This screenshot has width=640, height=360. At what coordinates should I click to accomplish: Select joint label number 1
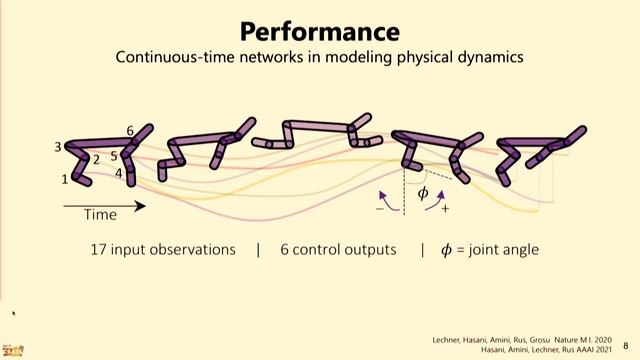[x=65, y=179]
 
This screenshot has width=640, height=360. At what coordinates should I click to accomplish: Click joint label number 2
[x=96, y=159]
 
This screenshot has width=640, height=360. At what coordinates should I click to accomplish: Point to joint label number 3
[x=58, y=147]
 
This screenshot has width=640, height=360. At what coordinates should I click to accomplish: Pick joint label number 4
[x=118, y=173]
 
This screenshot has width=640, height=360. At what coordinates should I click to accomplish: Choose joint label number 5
[x=114, y=155]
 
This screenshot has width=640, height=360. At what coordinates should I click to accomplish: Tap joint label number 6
[x=130, y=131]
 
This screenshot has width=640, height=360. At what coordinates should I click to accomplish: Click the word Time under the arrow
[x=100, y=215]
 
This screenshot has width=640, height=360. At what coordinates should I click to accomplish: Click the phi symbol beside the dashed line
[x=422, y=192]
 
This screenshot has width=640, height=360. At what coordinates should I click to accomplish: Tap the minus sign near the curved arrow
[x=380, y=209]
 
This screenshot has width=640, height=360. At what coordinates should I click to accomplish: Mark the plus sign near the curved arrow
[x=445, y=209]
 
